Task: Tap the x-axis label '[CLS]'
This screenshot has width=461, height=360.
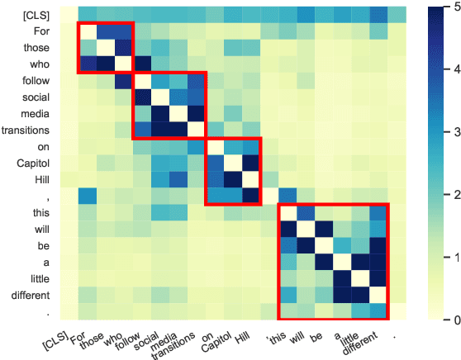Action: [x=52, y=338]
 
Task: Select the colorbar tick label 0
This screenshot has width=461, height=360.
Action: [x=445, y=320]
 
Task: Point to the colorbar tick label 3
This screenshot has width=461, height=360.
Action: [x=445, y=133]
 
